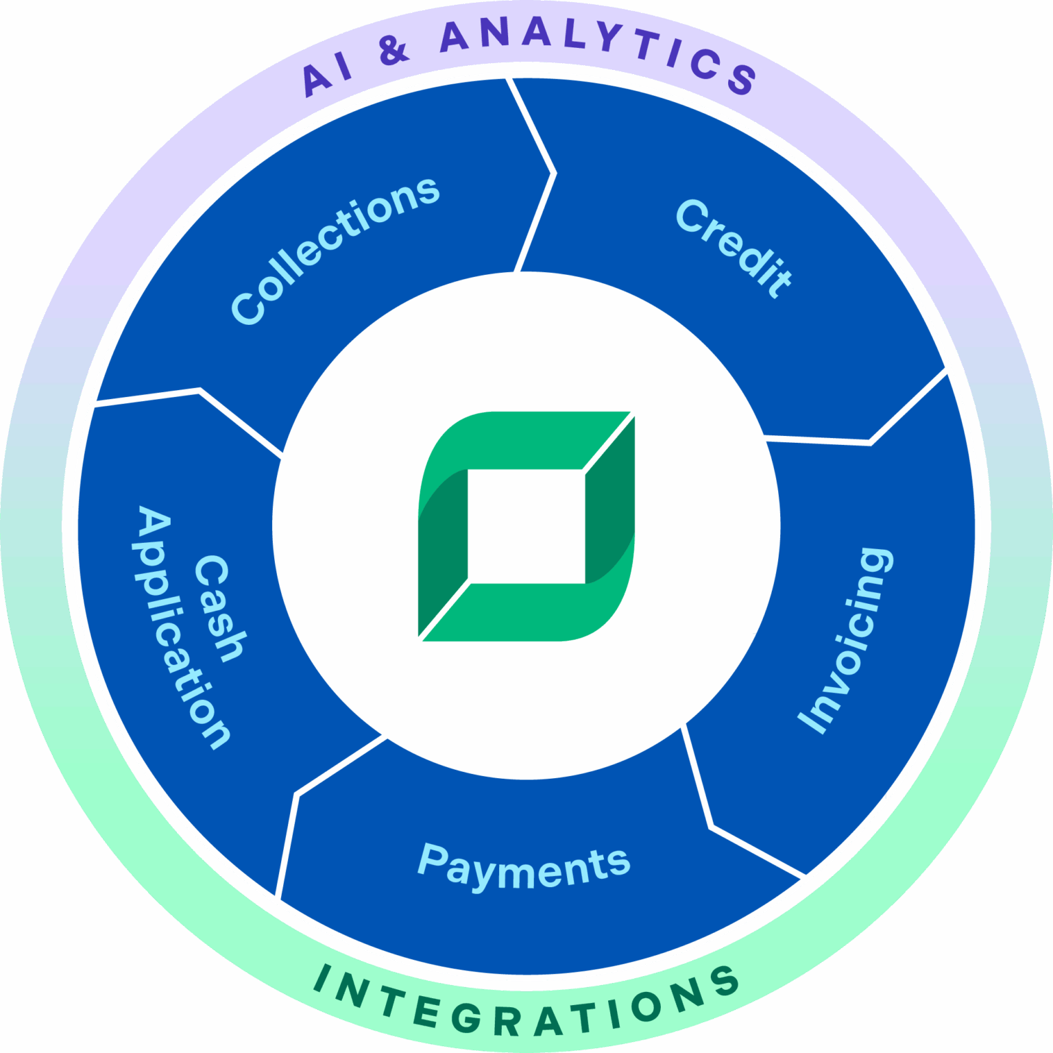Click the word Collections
335,250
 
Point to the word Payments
524,867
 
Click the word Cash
220,609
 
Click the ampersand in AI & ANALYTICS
394,49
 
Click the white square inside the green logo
526,526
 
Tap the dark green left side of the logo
442,542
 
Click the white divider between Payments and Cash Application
296,795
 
